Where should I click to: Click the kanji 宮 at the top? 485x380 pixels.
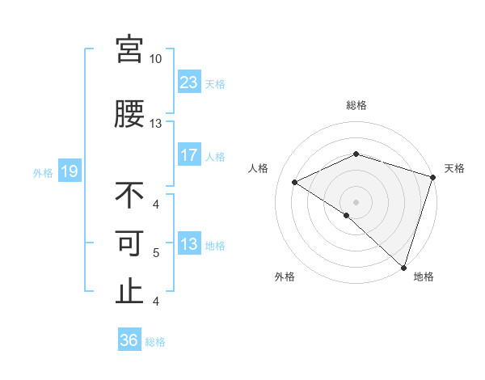pos(129,49)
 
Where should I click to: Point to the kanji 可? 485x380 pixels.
pos(129,243)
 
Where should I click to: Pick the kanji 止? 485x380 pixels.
pos(129,291)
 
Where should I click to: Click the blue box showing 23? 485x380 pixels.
pos(189,82)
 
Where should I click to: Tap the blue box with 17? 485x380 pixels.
pos(189,155)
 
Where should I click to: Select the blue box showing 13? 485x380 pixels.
pos(189,244)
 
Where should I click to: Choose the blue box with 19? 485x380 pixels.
pos(70,171)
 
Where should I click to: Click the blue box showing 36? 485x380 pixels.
pos(129,340)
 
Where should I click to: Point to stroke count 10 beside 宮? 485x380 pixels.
pos(155,59)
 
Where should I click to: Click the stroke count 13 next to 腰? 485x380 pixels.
pos(155,124)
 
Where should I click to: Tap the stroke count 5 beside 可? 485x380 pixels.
pos(156,253)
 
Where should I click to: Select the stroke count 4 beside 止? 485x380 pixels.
pos(156,302)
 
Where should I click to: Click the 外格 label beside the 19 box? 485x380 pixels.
pos(43,172)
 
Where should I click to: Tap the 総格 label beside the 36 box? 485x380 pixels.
pos(155,342)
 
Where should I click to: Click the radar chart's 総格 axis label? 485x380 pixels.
pos(356,105)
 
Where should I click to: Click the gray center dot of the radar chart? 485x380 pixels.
pos(356,201)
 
